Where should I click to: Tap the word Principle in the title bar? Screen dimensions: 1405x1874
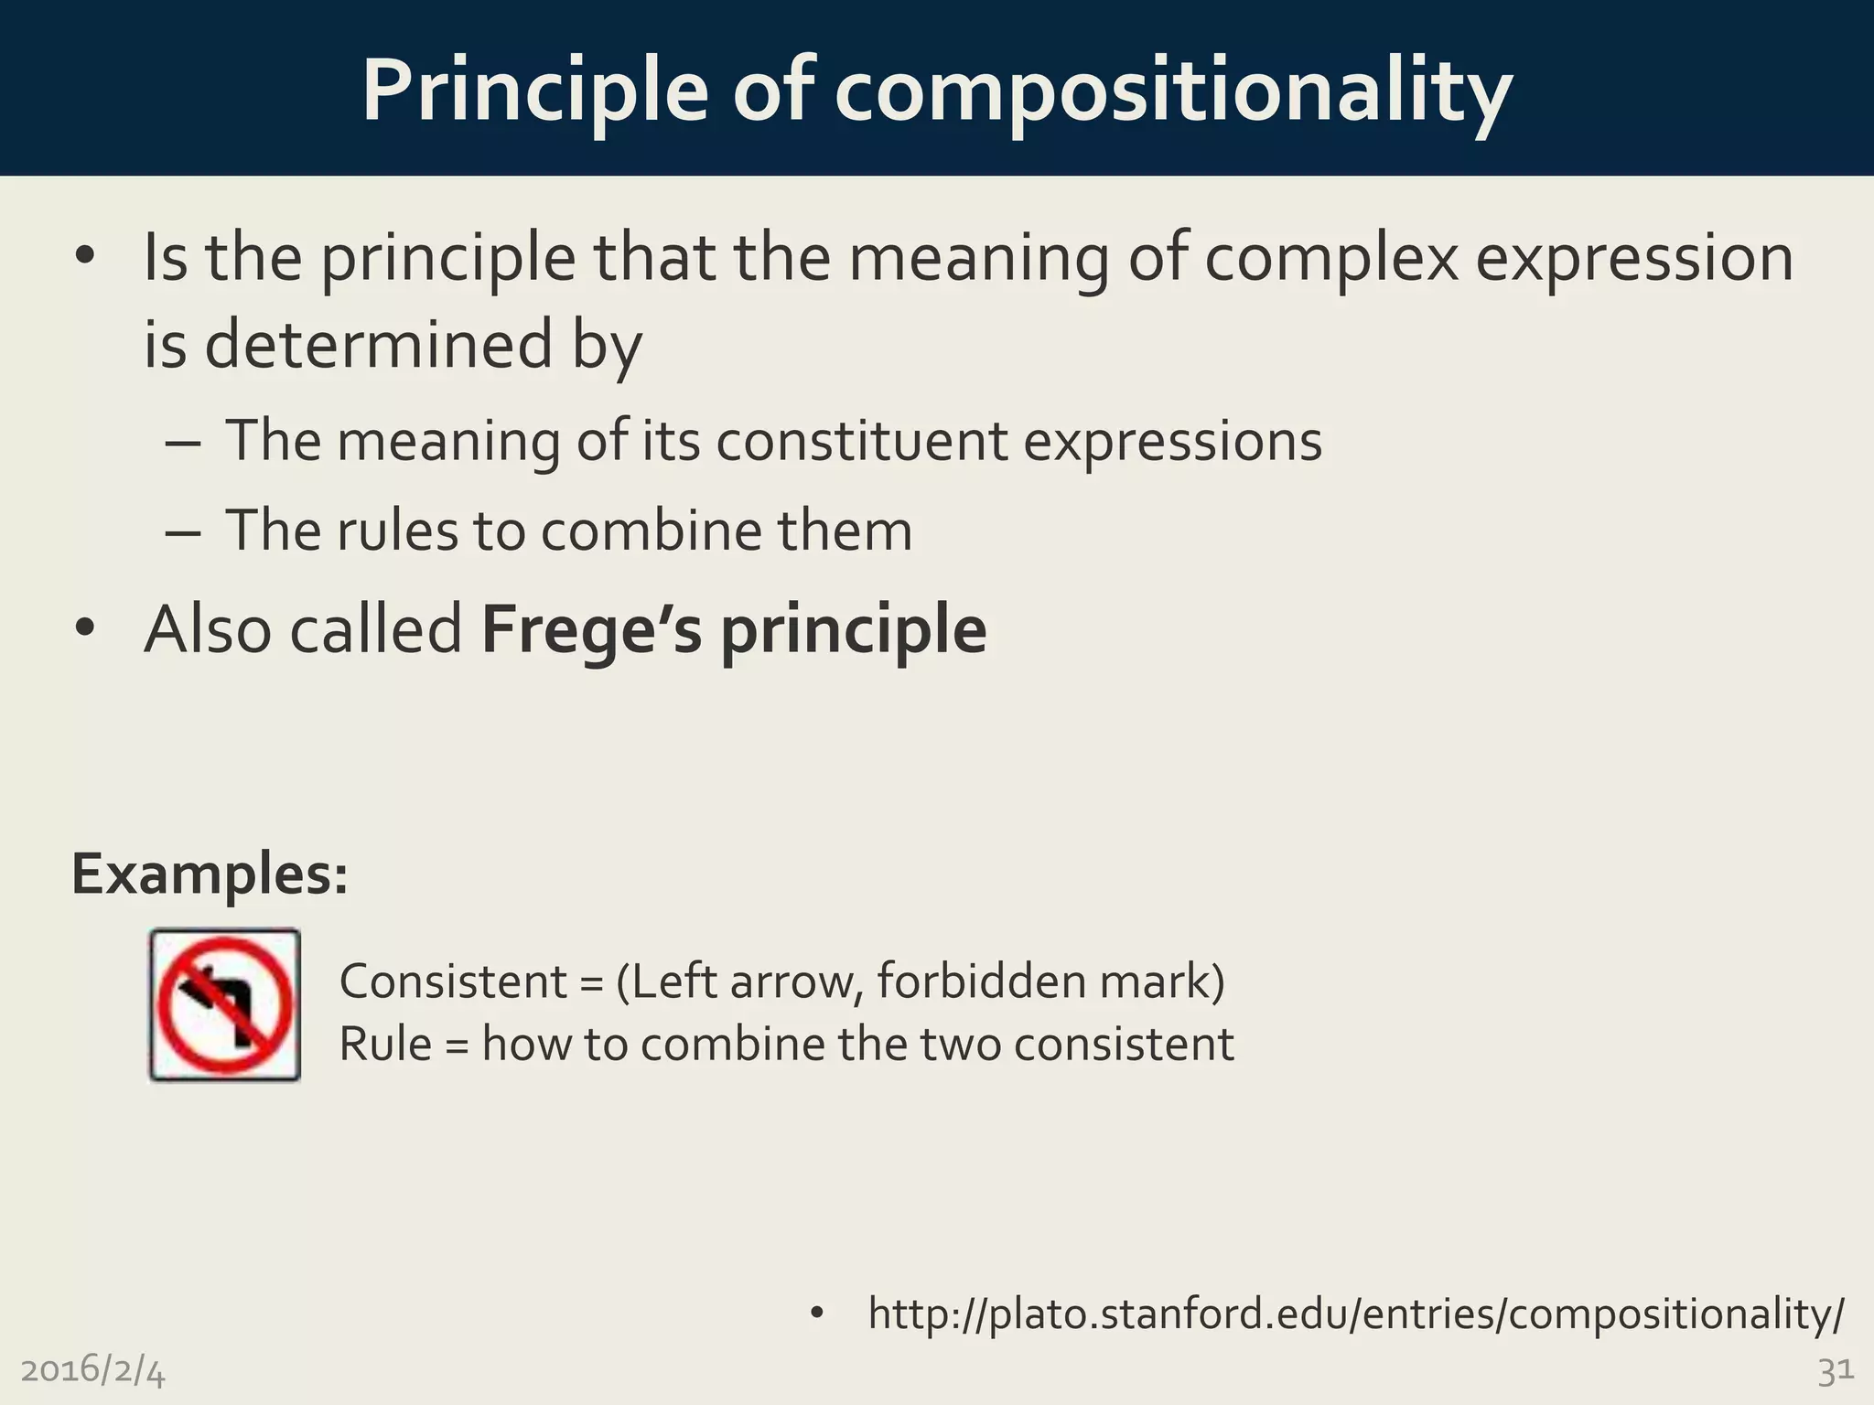[534, 91]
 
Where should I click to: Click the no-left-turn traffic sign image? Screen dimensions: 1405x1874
[225, 1005]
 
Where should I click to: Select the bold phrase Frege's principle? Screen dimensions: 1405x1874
[734, 630]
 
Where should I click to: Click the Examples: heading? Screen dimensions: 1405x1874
[210, 874]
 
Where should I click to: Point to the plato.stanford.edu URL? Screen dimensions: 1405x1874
[1355, 1314]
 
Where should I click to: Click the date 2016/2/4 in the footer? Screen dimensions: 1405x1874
[92, 1370]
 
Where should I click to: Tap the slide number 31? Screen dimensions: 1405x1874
[1835, 1370]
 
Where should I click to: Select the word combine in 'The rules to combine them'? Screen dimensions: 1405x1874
[651, 531]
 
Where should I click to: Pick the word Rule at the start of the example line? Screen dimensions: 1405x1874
[385, 1044]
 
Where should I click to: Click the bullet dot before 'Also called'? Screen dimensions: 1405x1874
[85, 629]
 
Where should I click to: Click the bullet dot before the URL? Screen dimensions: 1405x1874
[817, 1314]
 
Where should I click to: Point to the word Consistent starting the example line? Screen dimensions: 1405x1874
[453, 981]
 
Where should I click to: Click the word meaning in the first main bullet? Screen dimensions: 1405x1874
[978, 258]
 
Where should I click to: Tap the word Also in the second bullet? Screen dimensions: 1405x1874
[207, 630]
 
